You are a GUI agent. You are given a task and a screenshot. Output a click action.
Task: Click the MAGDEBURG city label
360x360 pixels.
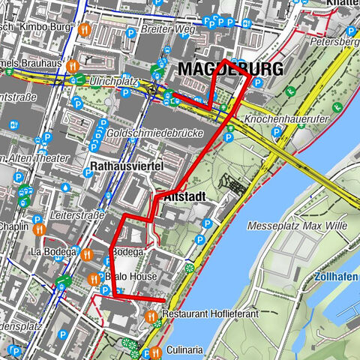[x=231, y=70]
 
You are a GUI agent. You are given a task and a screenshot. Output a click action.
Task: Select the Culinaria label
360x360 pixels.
[x=184, y=349]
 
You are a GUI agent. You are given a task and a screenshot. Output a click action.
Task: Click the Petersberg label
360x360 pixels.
[x=337, y=42]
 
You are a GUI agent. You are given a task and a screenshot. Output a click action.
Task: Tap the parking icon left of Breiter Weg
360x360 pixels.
[x=132, y=32]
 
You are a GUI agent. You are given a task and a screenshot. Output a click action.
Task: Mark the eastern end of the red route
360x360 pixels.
[x=163, y=299]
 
